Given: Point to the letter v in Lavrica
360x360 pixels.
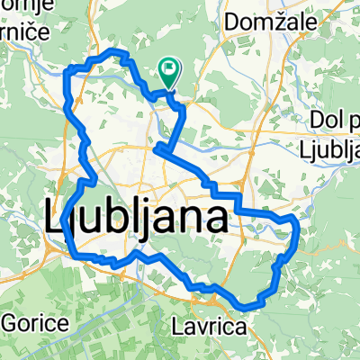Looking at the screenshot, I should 201,328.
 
